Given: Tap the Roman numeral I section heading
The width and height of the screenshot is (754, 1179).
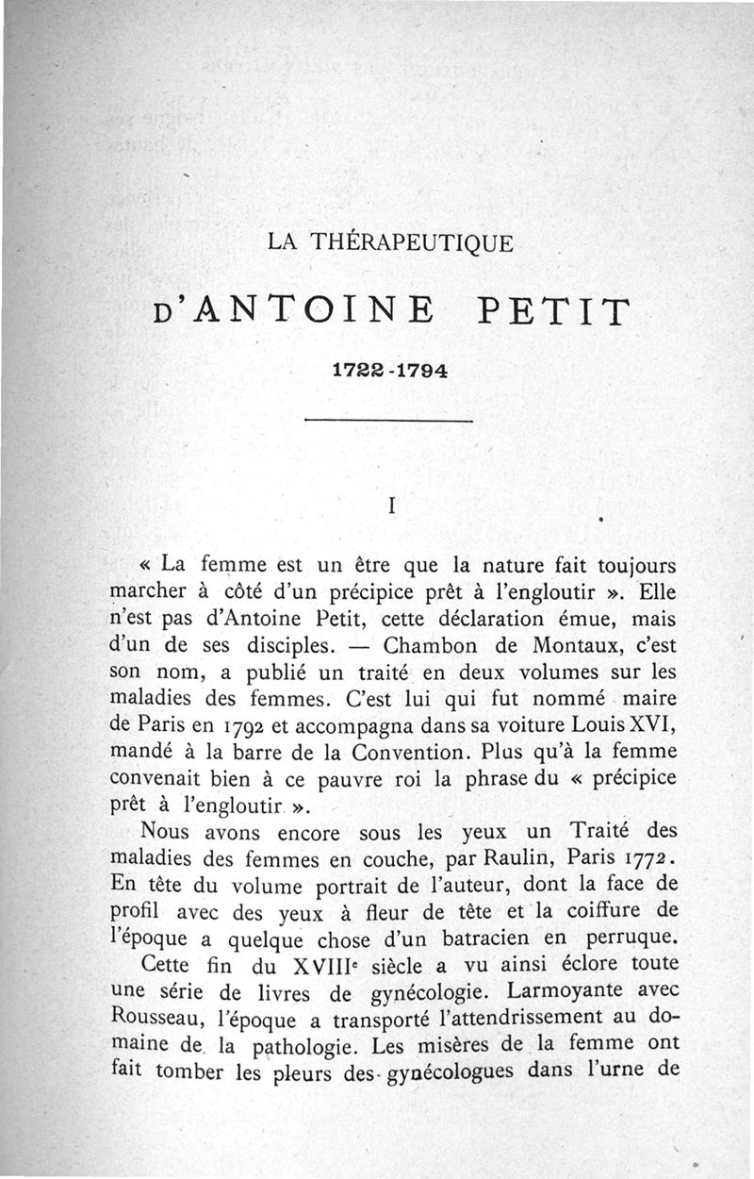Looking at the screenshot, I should tap(390, 506).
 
